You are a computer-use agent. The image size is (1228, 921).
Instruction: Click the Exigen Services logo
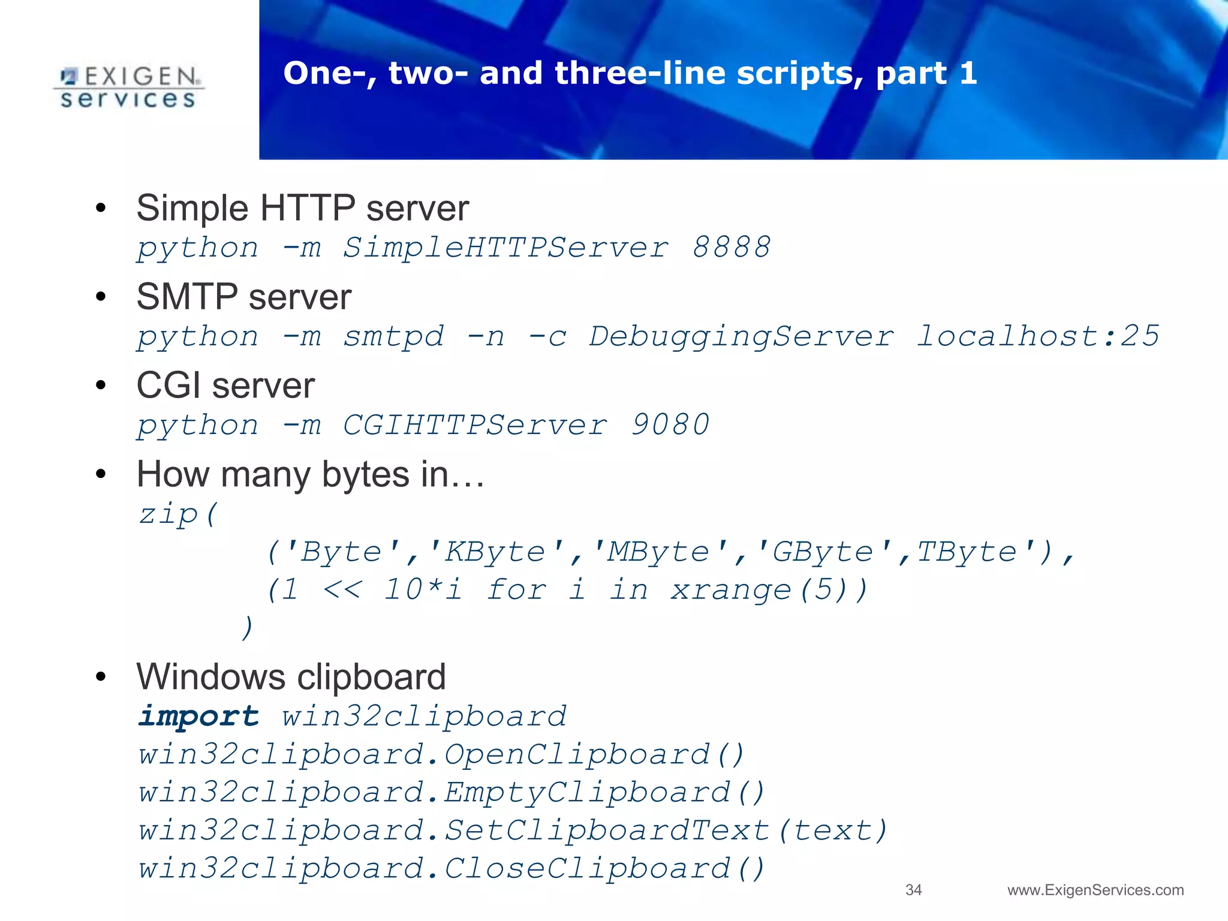[x=128, y=88]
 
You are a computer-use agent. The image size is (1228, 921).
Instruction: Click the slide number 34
[x=913, y=890]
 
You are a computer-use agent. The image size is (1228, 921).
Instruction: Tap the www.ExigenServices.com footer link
[x=1095, y=890]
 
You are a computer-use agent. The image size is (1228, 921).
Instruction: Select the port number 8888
[x=731, y=247]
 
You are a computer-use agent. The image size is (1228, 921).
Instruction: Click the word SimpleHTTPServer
[x=505, y=247]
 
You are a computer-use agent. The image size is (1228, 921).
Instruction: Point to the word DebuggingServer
[x=741, y=336]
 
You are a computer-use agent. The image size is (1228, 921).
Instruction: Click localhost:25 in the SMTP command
[x=1038, y=336]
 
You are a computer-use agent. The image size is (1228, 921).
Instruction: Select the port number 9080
[x=670, y=425]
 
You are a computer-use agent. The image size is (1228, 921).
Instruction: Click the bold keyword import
[x=198, y=716]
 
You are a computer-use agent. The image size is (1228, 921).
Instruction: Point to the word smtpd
[x=393, y=336]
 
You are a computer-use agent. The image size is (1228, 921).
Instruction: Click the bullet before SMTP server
[x=101, y=297]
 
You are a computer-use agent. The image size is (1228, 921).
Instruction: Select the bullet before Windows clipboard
[x=101, y=677]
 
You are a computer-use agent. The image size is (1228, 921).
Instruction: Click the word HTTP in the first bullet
[x=308, y=208]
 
